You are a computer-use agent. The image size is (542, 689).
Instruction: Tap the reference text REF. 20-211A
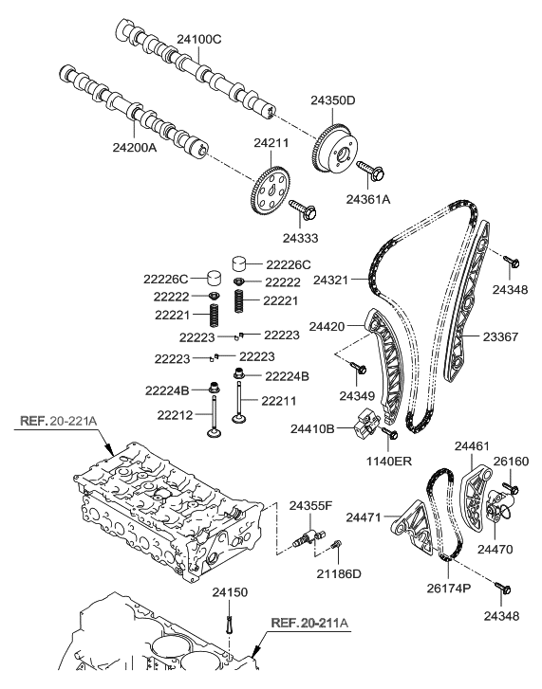pyautogui.click(x=310, y=623)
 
